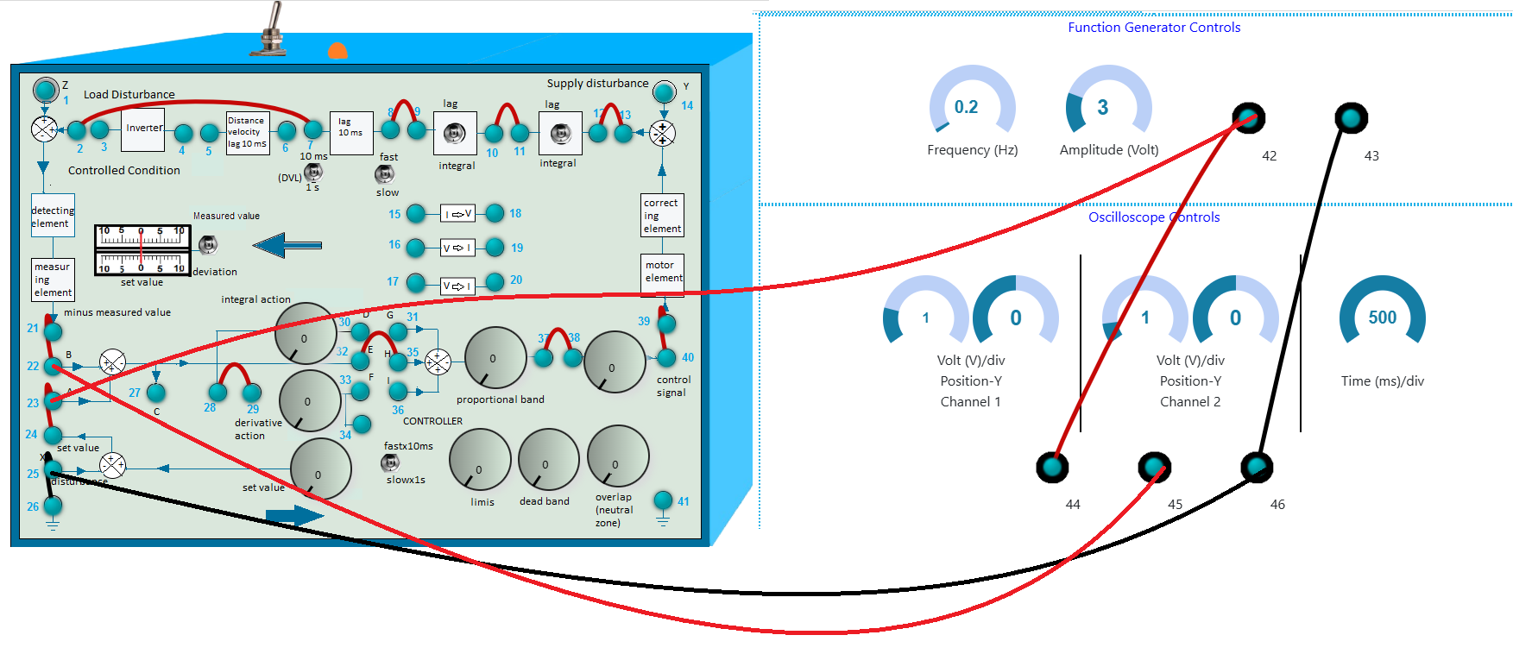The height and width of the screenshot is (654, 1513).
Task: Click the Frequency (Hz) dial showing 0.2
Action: click(x=972, y=106)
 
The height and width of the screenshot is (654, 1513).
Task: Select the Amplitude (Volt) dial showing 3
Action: click(x=1108, y=106)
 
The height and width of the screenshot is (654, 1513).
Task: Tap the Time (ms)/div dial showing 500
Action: click(x=1382, y=317)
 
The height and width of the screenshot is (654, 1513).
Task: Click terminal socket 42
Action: click(x=1248, y=118)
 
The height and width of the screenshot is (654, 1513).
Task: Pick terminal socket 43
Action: click(x=1351, y=118)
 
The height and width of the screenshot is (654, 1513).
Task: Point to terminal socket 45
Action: click(x=1154, y=468)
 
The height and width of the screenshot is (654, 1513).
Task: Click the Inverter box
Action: click(x=143, y=129)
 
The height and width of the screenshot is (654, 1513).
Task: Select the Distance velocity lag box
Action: click(x=248, y=132)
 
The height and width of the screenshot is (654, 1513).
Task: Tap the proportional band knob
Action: click(x=495, y=357)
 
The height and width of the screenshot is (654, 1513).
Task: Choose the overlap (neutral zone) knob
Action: click(x=617, y=456)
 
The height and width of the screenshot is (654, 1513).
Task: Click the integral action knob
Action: click(x=306, y=334)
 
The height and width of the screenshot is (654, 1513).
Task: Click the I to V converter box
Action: click(x=457, y=214)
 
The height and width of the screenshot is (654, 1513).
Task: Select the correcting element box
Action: click(x=662, y=216)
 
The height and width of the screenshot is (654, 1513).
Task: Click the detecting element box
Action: click(x=53, y=216)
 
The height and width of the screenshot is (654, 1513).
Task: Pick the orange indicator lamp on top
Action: click(x=337, y=51)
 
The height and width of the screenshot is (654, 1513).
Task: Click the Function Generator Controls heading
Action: click(x=1154, y=28)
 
